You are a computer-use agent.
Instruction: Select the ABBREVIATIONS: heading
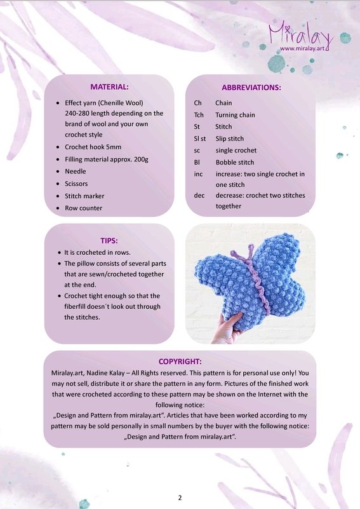pyautogui.click(x=251, y=87)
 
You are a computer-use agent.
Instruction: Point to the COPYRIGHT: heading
pyautogui.click(x=180, y=361)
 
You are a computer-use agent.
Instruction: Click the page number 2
pyautogui.click(x=180, y=496)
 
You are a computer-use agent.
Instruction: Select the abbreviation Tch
pyautogui.click(x=199, y=114)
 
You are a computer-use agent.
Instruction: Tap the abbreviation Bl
pyautogui.click(x=197, y=162)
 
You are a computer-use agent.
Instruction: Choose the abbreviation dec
pyautogui.click(x=199, y=194)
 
